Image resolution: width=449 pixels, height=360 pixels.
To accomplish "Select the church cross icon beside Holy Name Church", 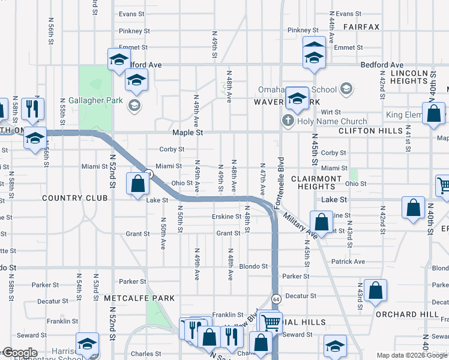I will pos(287,121).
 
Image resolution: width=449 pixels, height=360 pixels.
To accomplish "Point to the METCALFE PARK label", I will pos(139,298).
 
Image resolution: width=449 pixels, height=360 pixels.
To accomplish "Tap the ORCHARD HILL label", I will pos(406,314).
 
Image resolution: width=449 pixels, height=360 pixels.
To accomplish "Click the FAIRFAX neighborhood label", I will pos(361,27).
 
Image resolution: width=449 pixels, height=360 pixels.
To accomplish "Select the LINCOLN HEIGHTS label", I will pos(409,77).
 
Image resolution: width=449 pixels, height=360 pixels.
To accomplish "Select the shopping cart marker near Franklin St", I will pos(271,322).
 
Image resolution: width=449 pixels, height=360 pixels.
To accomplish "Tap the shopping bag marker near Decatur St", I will pos(375,291).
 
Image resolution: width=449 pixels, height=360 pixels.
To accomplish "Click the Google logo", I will pos(20,353).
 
